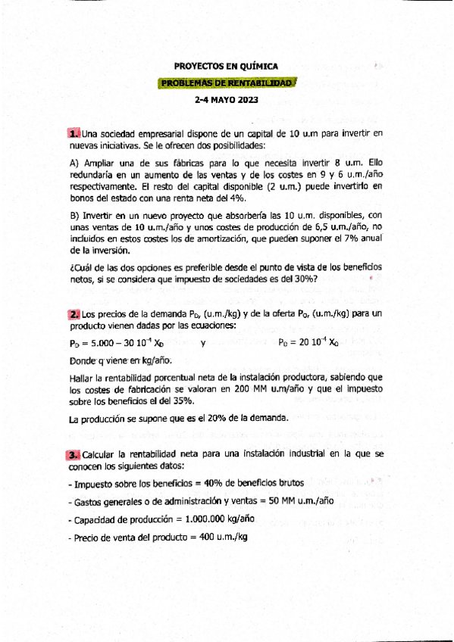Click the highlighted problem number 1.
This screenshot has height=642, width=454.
pos(74,134)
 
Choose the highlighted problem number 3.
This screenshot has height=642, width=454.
pos(74,454)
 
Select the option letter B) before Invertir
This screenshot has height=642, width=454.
pos(74,216)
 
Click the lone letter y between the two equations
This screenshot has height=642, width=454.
pos(203,342)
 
